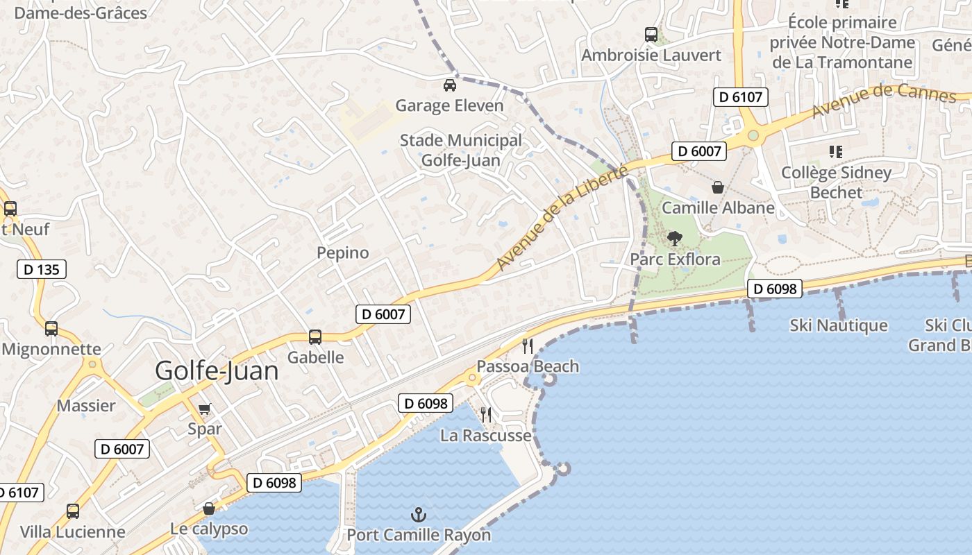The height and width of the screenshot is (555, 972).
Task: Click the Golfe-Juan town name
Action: click(217, 370)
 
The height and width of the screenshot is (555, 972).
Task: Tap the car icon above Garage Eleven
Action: click(449, 85)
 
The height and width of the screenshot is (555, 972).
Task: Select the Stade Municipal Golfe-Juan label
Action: click(460, 151)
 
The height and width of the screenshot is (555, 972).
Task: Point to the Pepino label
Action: click(343, 253)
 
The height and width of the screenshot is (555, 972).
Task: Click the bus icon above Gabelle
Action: click(315, 337)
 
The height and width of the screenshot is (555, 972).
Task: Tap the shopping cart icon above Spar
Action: click(204, 409)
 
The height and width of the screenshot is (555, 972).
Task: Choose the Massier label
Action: click(86, 406)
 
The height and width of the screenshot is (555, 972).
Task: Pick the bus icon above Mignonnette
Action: click(51, 329)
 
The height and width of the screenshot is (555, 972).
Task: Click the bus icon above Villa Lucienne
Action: click(73, 511)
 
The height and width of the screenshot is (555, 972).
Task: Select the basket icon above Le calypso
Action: click(208, 509)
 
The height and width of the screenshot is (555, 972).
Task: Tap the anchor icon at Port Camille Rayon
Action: click(418, 515)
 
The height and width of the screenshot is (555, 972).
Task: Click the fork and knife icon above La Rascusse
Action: click(486, 415)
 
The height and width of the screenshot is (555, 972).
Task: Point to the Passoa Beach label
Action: click(528, 366)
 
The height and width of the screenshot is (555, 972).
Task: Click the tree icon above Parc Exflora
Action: click(674, 239)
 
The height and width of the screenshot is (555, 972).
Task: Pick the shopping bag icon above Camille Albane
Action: click(718, 187)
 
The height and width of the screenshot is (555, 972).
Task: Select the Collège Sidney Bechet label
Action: click(836, 182)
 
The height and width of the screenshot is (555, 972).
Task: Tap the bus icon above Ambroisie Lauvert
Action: click(651, 34)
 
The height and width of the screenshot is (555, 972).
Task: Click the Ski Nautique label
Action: click(839, 325)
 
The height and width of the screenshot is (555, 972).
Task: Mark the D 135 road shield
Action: click(42, 269)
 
